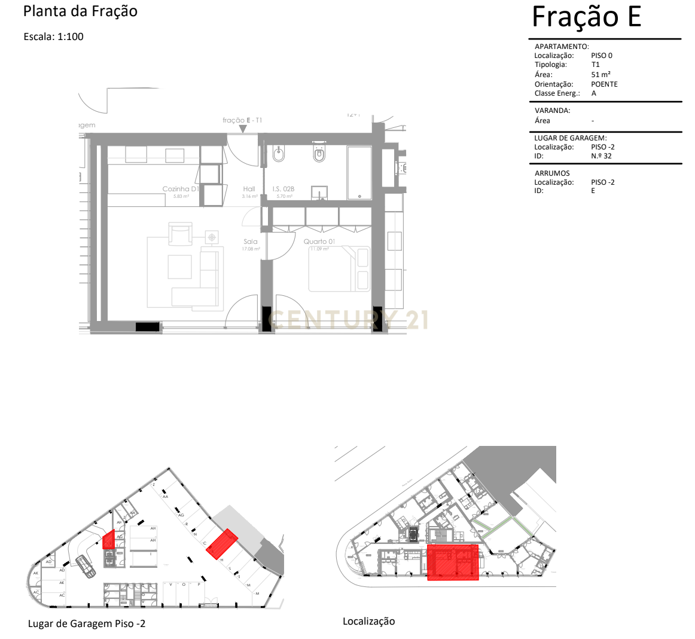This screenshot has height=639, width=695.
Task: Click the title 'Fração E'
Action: click(x=586, y=17)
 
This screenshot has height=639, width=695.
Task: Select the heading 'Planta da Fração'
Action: click(x=80, y=11)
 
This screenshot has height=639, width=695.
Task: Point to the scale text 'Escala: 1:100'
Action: click(x=53, y=36)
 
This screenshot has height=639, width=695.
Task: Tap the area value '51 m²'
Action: click(x=600, y=75)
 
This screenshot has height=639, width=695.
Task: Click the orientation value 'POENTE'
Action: click(x=604, y=84)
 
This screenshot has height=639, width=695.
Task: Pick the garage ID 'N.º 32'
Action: click(x=601, y=156)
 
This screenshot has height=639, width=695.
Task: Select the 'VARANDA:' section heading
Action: click(x=552, y=111)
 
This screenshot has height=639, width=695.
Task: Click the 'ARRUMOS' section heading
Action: click(x=552, y=173)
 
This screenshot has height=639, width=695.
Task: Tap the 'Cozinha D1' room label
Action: click(x=180, y=189)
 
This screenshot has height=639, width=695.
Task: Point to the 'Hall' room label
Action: click(x=249, y=189)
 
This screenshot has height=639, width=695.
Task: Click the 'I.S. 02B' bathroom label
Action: click(x=284, y=189)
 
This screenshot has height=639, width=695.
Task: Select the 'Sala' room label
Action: click(x=251, y=241)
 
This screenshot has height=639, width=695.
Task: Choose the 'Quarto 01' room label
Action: click(x=319, y=241)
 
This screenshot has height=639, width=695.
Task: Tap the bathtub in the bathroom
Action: click(x=359, y=173)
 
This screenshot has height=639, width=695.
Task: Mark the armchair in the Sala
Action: click(x=180, y=234)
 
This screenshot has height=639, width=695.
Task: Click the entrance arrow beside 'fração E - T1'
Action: click(x=243, y=129)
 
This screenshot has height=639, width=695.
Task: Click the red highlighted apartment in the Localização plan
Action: click(x=453, y=562)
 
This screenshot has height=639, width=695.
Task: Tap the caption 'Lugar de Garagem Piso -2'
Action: click(x=87, y=623)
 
